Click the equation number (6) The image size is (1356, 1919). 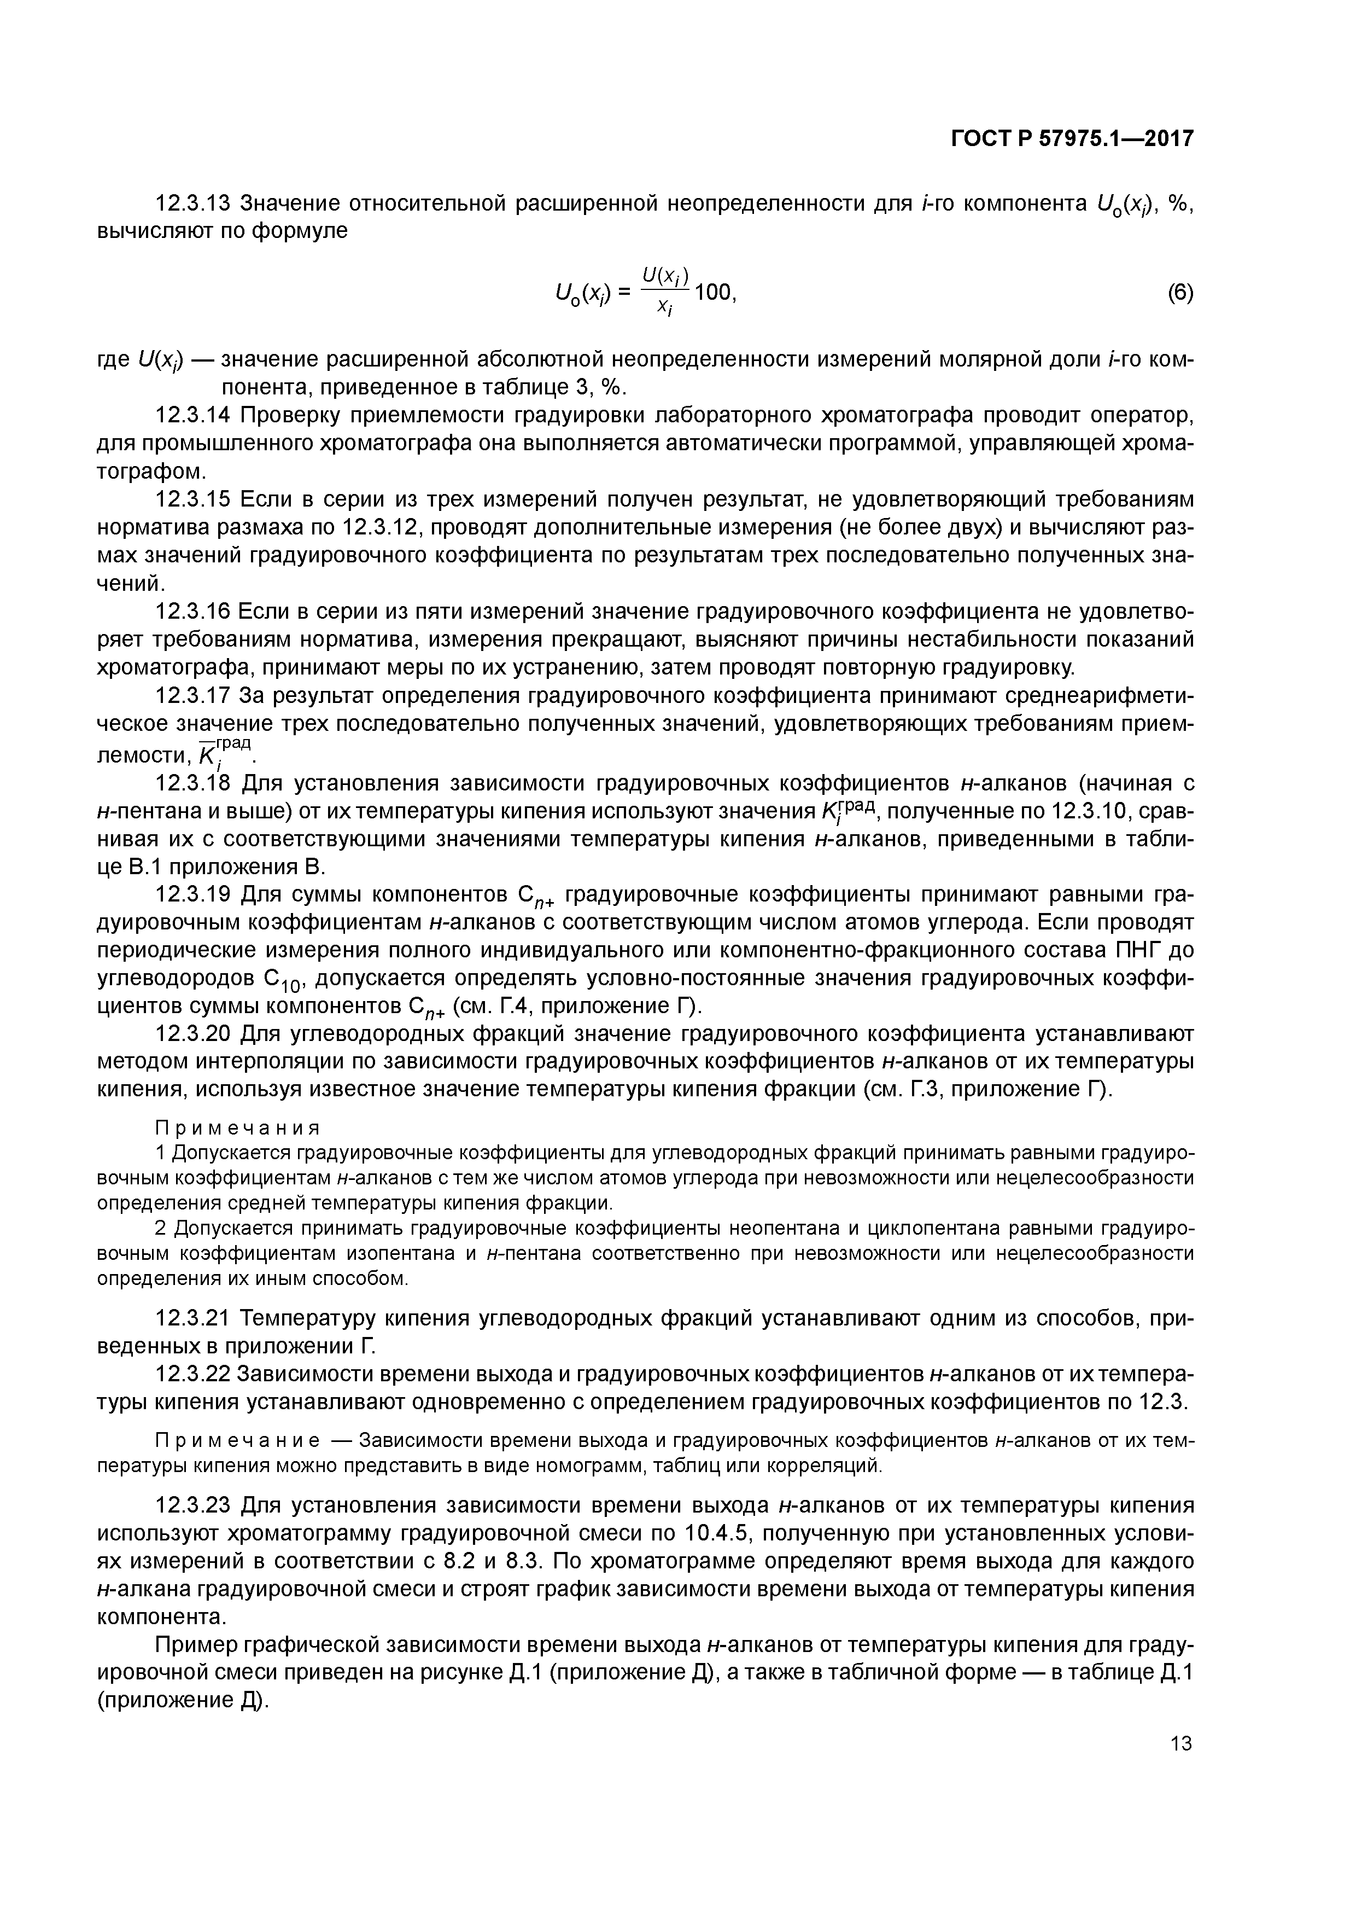pos(1180,293)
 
